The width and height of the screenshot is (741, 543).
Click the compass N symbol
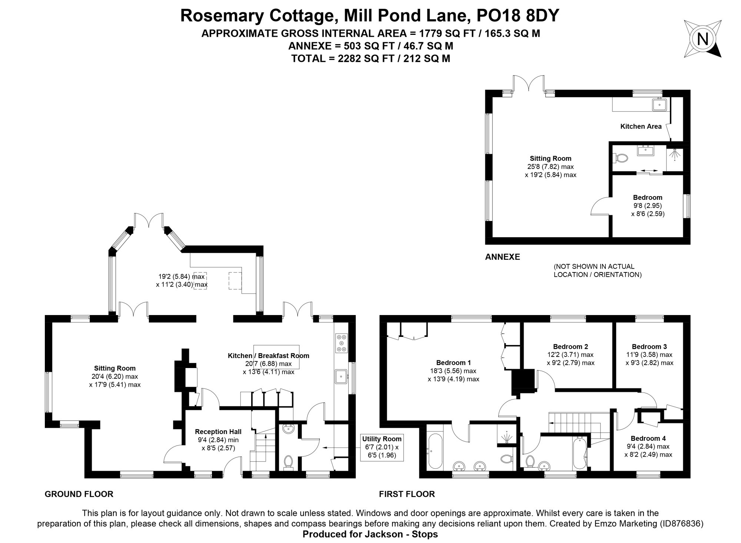(702, 39)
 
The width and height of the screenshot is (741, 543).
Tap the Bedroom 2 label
(570, 347)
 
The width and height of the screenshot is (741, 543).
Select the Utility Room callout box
(382, 447)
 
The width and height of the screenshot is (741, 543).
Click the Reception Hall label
(218, 431)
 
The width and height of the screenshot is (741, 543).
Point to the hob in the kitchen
(341, 343)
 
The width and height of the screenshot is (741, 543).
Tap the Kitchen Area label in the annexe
(641, 126)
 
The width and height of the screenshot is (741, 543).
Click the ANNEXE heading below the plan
(502, 257)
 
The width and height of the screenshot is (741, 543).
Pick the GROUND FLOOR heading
(79, 494)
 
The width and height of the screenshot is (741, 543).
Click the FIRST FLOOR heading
(406, 494)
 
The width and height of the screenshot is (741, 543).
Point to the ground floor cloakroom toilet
(288, 463)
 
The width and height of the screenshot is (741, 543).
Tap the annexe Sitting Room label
(550, 159)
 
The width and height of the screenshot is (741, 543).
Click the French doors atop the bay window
(149, 220)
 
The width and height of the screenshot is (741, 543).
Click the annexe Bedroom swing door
(599, 206)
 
